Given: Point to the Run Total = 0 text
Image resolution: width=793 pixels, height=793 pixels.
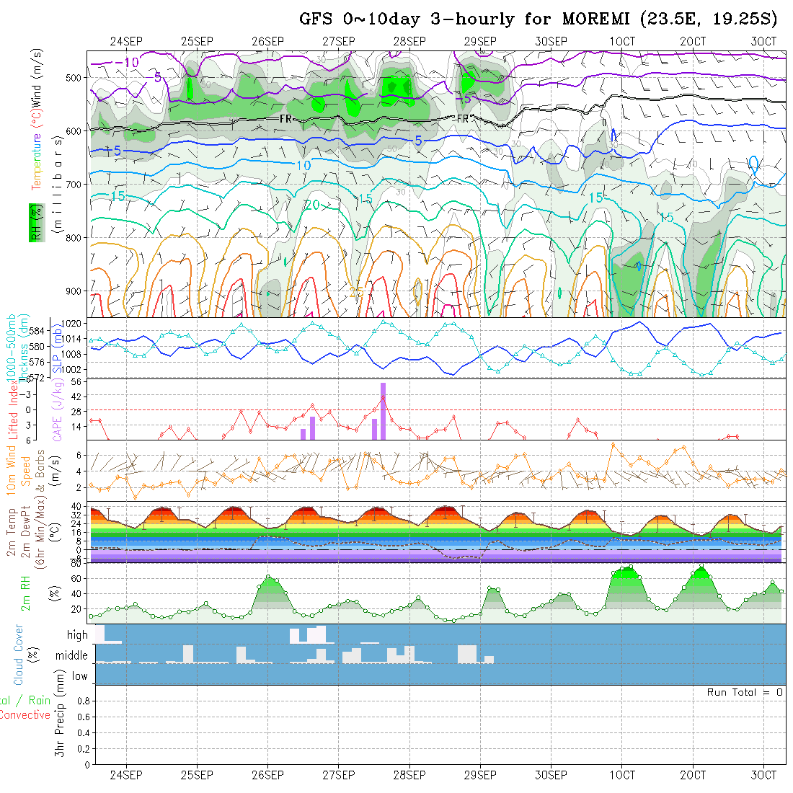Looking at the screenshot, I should click(745, 692).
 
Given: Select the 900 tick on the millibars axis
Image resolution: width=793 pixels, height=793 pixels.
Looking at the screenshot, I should click(76, 291).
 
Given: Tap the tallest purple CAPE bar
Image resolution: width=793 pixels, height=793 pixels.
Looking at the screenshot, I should click(384, 411).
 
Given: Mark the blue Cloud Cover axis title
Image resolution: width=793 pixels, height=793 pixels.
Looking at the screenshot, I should click(18, 655).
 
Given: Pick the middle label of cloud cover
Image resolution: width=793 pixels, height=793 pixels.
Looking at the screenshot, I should click(72, 656).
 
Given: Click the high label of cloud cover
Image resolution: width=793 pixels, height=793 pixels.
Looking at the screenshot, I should click(77, 635).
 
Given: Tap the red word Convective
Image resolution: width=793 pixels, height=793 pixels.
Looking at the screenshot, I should click(25, 715).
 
